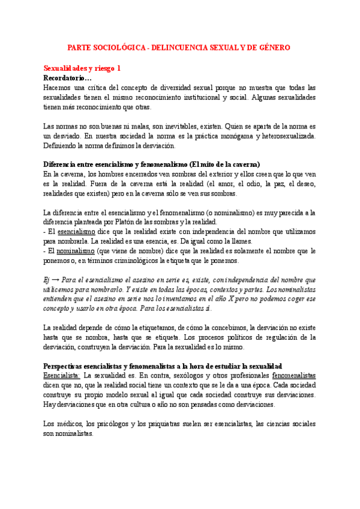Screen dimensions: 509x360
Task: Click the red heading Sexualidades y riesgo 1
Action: pos(82,68)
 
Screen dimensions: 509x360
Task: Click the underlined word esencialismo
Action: pos(76,232)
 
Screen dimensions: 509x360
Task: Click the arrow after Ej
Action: pos(55,280)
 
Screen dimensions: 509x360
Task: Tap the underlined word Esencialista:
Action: pos(62,376)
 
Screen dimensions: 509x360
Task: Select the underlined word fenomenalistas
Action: pos(294,376)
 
